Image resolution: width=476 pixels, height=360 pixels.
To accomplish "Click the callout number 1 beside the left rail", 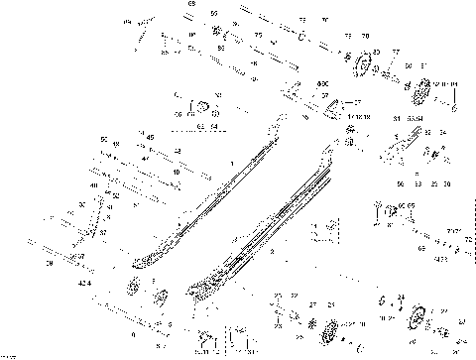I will pos(231,162).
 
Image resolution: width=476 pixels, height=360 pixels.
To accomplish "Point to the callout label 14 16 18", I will pos(346,116).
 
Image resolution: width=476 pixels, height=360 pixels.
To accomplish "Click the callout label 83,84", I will pos(409,119).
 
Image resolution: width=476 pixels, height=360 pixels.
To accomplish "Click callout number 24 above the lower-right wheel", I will pos(401,297).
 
